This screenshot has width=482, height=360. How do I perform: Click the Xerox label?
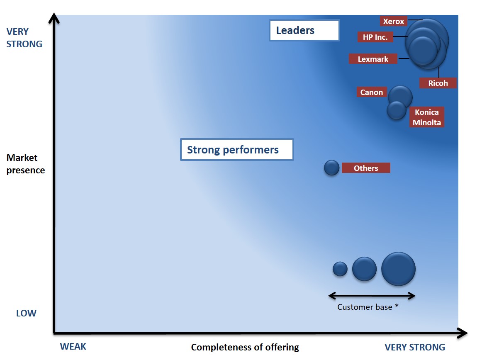pyautogui.click(x=393, y=21)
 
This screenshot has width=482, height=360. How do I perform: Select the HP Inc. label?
pyautogui.click(x=375, y=37)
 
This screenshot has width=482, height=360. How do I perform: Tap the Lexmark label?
pyautogui.click(x=373, y=59)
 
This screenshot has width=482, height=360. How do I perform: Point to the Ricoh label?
pyautogui.click(x=438, y=83)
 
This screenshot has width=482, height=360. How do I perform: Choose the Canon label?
pyautogui.click(x=371, y=92)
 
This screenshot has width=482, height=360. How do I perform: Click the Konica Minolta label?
pyautogui.click(x=426, y=117)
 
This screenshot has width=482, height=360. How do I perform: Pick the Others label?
pyautogui.click(x=366, y=168)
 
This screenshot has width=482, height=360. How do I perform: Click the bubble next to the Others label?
pyautogui.click(x=331, y=168)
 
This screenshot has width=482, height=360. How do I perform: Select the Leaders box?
pyautogui.click(x=304, y=30)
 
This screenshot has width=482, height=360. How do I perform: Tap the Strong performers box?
pyautogui.click(x=237, y=150)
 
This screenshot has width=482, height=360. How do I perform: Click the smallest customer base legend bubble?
pyautogui.click(x=340, y=269)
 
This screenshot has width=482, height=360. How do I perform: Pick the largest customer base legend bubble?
pyautogui.click(x=398, y=269)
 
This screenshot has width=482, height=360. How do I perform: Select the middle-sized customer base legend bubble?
pyautogui.click(x=364, y=269)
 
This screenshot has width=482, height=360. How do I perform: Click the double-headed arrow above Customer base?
pyautogui.click(x=372, y=296)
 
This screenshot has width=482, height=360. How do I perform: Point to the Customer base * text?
pyautogui.click(x=368, y=307)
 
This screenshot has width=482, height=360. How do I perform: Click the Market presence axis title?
pyautogui.click(x=26, y=164)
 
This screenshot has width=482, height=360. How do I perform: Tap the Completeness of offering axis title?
pyautogui.click(x=245, y=347)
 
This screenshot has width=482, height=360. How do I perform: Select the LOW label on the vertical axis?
pyautogui.click(x=26, y=313)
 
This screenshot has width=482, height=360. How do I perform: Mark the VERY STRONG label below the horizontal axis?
pyautogui.click(x=414, y=347)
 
